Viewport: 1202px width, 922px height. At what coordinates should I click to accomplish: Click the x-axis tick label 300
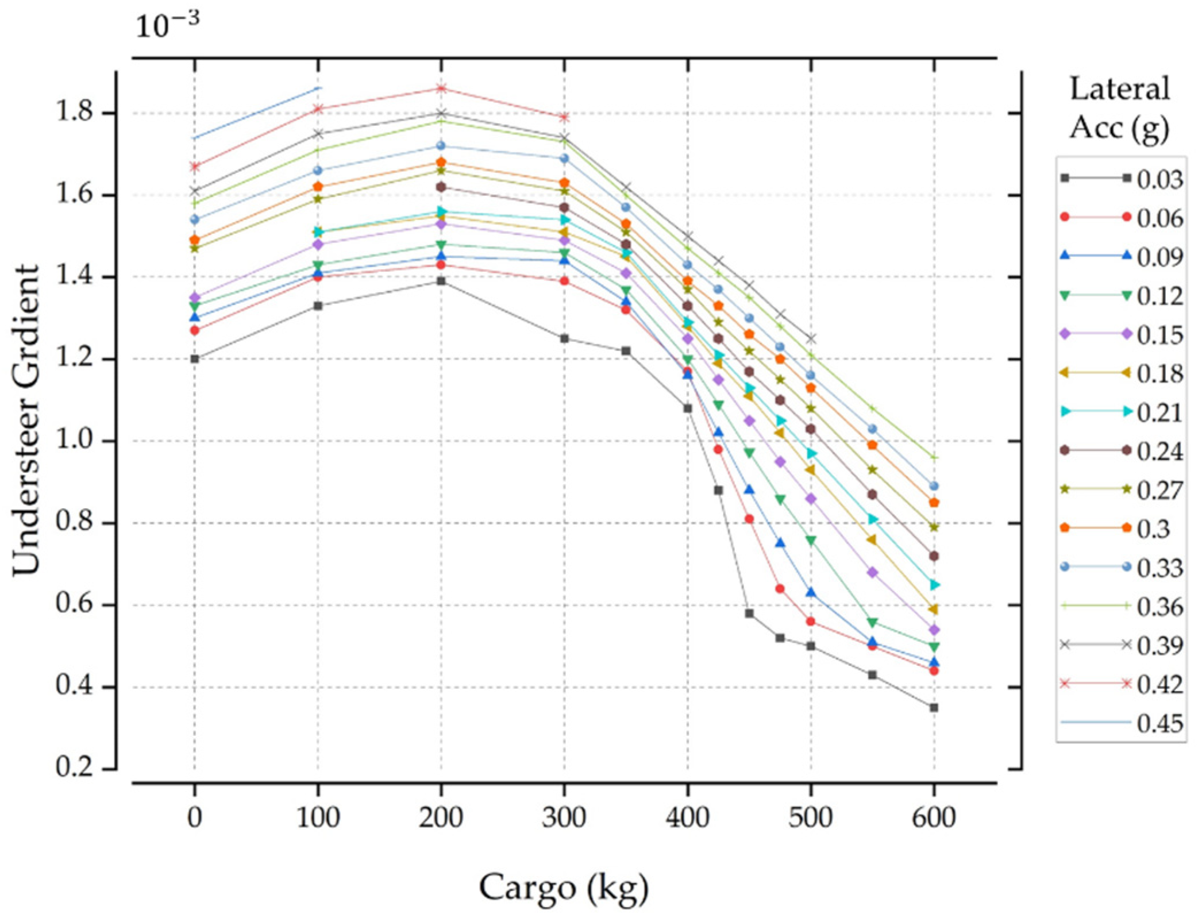pos(563,817)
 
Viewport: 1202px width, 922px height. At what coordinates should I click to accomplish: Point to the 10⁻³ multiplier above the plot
pos(167,26)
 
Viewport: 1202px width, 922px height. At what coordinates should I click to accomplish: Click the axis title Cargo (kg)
pos(563,888)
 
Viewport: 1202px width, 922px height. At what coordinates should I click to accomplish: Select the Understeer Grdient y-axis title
pos(26,419)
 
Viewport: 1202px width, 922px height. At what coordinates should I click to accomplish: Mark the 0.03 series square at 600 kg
pos(934,708)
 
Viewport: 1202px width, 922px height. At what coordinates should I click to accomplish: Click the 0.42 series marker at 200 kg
pos(441,88)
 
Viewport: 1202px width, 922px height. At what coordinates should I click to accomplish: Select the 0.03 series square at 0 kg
pos(195,359)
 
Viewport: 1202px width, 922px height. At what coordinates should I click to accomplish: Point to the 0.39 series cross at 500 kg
pos(811,339)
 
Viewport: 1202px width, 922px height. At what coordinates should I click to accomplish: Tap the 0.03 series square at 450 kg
pos(749,614)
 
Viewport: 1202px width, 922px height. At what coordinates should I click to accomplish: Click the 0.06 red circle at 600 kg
pos(934,670)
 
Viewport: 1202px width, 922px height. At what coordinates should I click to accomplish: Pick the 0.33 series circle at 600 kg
pos(934,486)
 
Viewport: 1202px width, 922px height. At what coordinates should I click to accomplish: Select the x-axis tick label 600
pos(934,817)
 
